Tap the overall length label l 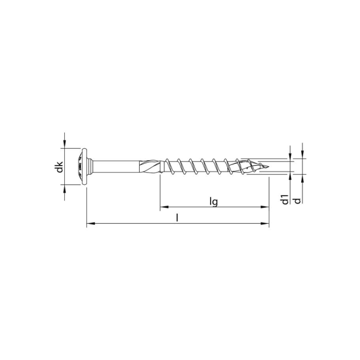178,217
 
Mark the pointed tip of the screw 266,166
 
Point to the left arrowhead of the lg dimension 163,209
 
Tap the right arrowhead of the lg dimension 265,209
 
